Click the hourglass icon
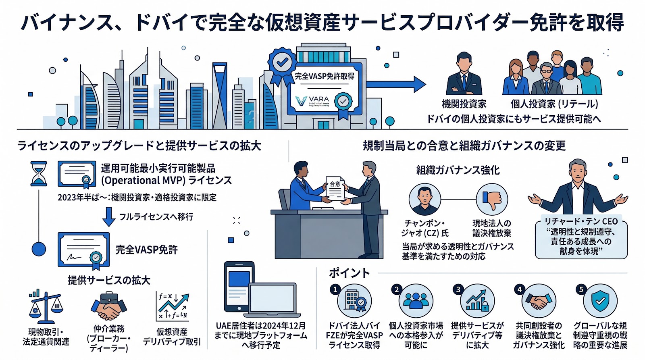39,174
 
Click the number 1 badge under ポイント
335,289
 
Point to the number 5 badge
581,289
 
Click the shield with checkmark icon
600,301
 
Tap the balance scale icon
46,307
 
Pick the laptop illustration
274,300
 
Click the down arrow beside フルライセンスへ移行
109,216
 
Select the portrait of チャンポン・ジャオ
424,199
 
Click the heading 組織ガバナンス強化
458,170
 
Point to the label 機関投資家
464,104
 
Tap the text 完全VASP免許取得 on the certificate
325,76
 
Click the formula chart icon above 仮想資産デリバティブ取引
173,306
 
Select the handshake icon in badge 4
539,301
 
